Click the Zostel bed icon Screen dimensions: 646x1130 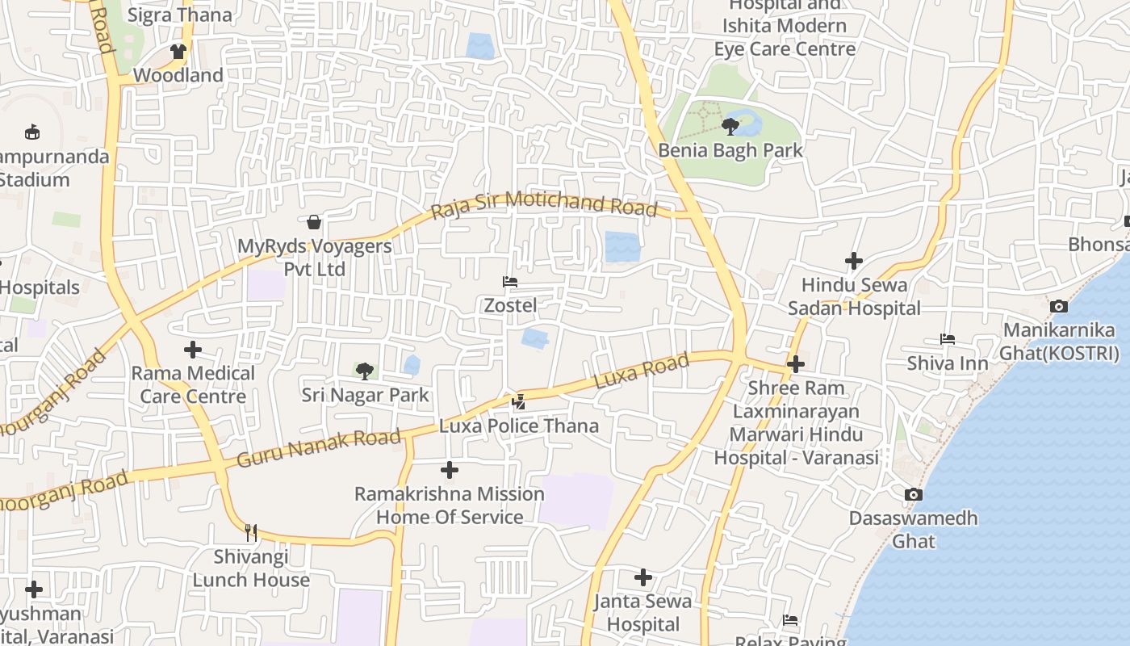point(509,282)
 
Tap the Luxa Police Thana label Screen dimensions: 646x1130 point(519,426)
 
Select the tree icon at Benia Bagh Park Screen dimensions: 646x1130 point(730,127)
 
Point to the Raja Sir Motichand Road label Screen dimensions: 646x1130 point(544,205)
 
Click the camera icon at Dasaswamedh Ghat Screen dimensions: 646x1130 point(913,494)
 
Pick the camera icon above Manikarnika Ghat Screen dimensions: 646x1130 point(1058,306)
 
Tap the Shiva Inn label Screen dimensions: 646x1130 point(947,363)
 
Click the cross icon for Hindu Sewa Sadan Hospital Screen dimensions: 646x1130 point(854,261)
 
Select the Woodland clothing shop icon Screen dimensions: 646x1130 point(178,52)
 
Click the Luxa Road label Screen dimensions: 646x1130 point(642,371)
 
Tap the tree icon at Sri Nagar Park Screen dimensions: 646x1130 point(365,371)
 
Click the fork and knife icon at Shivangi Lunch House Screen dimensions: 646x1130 point(251,532)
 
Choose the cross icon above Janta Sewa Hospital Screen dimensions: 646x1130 point(643,577)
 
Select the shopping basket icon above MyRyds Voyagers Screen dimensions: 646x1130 point(314,222)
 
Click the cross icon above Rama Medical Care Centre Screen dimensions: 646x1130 point(193,350)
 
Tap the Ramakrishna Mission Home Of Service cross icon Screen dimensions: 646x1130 point(450,470)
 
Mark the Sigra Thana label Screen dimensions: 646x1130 point(179,15)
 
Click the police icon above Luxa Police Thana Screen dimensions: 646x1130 point(519,401)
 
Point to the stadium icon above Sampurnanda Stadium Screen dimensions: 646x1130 point(32,132)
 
